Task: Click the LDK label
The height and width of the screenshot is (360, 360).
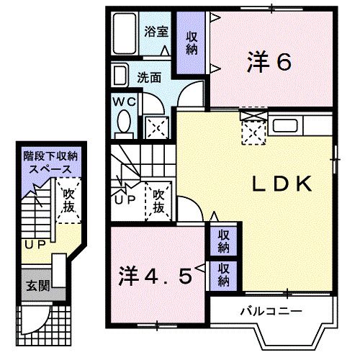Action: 281,184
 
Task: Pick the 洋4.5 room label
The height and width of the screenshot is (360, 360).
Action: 155,275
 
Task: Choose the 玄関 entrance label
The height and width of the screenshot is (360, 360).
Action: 34,286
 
